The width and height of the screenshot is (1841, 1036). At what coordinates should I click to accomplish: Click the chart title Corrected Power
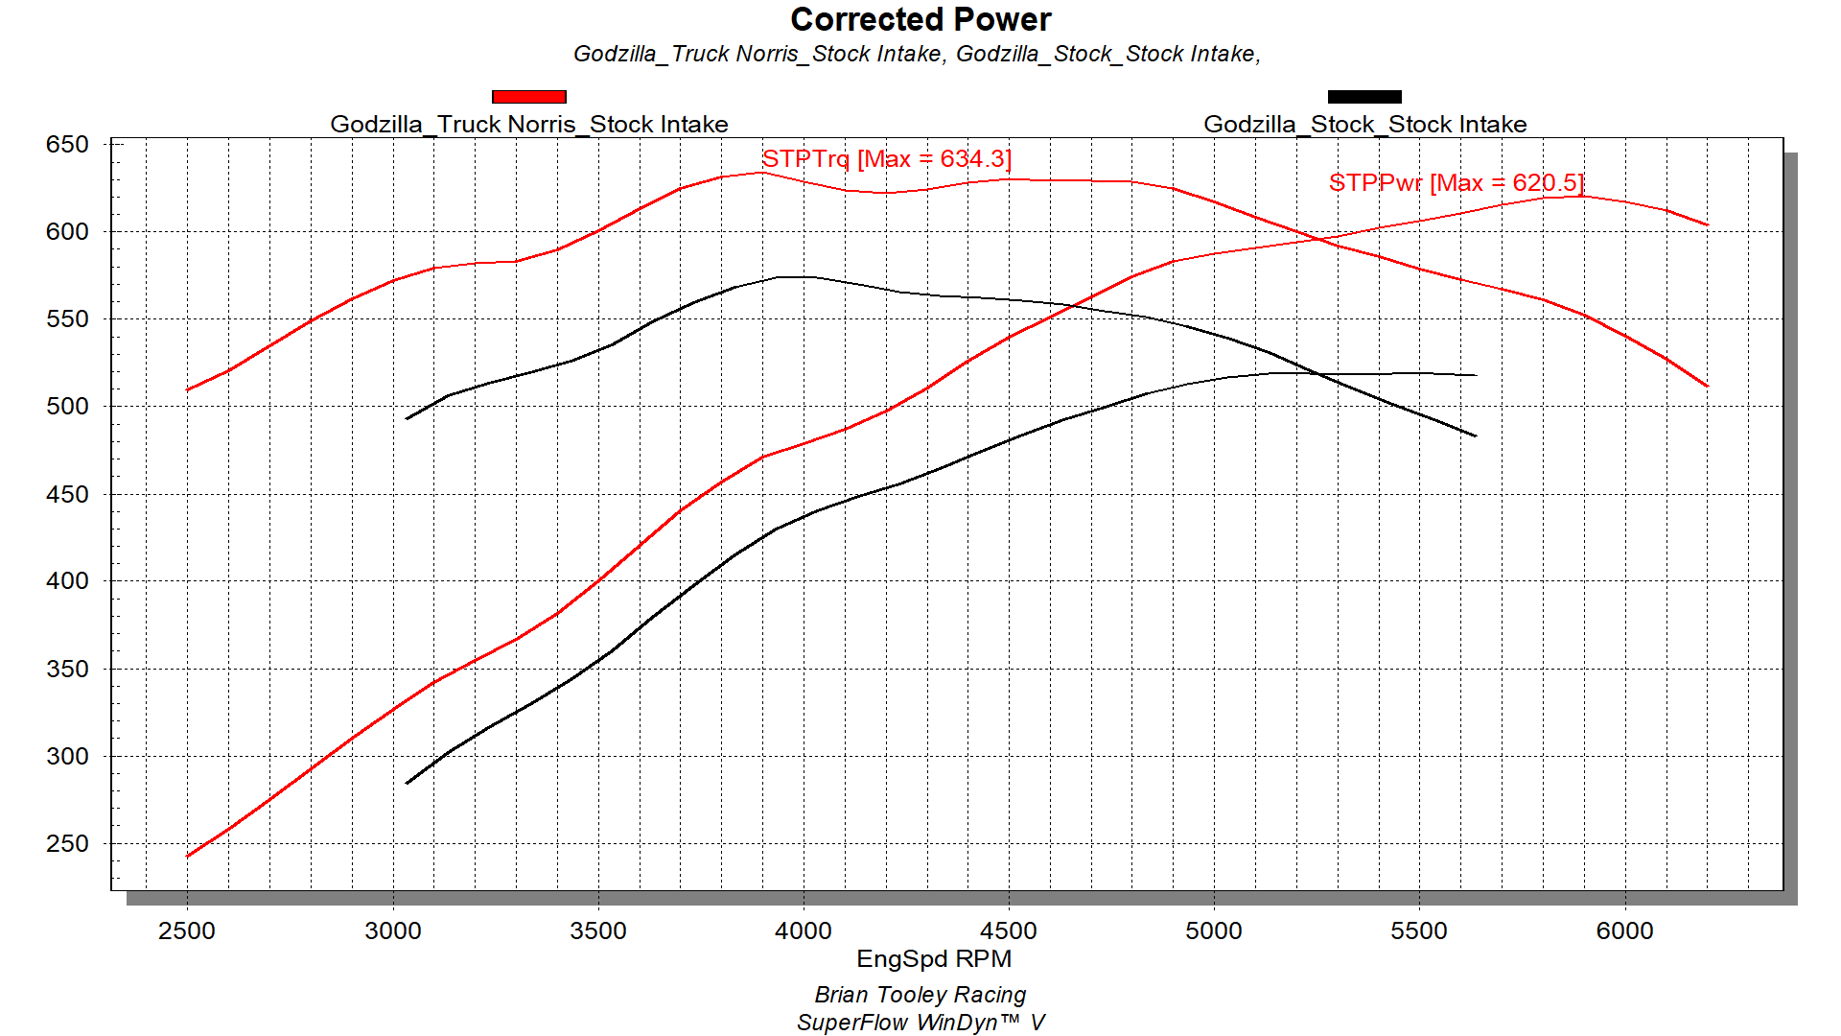point(920,20)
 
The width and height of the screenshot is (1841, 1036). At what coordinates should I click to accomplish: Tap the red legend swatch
point(528,97)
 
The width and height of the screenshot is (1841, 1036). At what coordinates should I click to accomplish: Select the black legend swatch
point(1363,97)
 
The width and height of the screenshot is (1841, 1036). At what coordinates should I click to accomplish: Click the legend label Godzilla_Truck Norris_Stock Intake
point(528,125)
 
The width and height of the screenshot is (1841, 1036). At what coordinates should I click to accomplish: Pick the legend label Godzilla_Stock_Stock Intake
point(1364,125)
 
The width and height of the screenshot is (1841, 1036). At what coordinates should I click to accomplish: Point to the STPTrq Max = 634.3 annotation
point(886,159)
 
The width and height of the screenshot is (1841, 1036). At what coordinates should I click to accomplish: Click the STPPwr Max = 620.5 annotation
point(1456,183)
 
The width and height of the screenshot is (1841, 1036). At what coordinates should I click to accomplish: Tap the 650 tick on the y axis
point(67,145)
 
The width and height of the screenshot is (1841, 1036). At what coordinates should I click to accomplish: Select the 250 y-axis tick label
point(67,844)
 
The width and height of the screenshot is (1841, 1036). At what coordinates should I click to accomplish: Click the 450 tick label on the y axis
point(67,495)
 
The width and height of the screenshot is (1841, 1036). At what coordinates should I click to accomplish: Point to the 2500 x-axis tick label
point(187,930)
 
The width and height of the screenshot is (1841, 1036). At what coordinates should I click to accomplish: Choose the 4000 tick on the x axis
point(804,930)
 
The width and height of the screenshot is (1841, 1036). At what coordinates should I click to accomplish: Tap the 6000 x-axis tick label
point(1624,930)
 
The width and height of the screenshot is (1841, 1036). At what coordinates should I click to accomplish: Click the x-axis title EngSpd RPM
point(933,959)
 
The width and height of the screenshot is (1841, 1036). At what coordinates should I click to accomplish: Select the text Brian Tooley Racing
point(920,995)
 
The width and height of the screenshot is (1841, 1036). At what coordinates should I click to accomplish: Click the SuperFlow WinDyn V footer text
point(920,1023)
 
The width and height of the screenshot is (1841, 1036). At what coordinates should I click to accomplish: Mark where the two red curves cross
point(1320,240)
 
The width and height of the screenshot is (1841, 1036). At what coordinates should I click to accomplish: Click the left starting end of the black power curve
point(408,783)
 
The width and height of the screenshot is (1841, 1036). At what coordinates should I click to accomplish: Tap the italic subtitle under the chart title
point(917,54)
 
